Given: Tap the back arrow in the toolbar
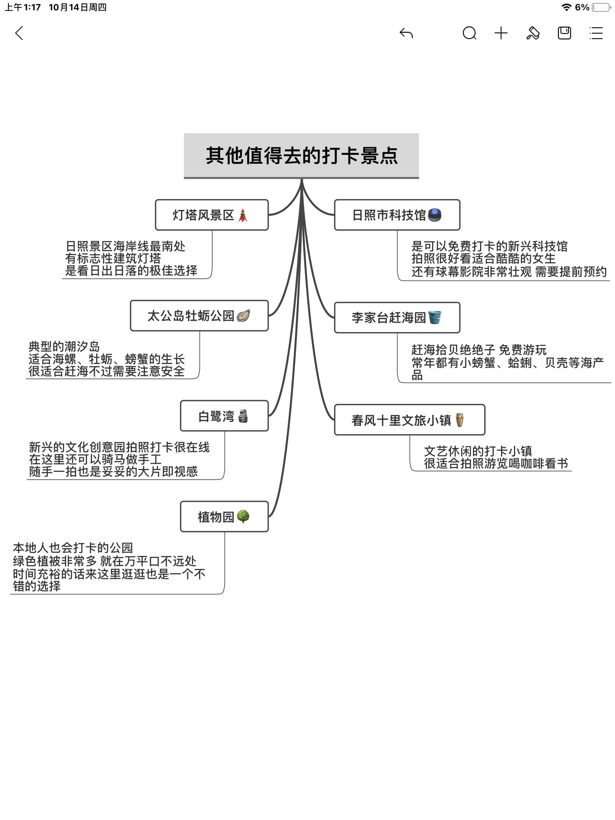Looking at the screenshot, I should click(x=19, y=33).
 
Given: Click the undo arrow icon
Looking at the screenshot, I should click(x=406, y=33).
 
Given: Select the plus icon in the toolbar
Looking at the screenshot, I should click(x=501, y=33).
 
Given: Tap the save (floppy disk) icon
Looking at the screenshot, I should click(x=564, y=33).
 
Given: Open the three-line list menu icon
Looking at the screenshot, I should click(x=596, y=33).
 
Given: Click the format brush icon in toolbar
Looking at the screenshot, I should click(x=533, y=33).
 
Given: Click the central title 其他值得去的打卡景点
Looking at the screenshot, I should click(x=301, y=155).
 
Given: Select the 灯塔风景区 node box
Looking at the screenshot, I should click(x=211, y=215).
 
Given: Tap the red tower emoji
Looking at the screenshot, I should click(x=243, y=215).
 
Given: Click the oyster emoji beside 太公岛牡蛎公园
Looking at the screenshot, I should click(x=243, y=316).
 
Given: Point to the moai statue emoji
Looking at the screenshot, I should click(x=243, y=416).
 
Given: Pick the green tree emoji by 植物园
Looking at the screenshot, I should click(x=243, y=517).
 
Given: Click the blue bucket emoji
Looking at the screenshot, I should click(x=434, y=317).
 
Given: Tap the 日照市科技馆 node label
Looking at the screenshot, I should click(x=389, y=215).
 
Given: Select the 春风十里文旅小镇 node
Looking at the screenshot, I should click(x=409, y=420).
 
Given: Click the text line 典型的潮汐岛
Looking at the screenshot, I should click(x=64, y=347).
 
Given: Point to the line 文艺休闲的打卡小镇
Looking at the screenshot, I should click(x=478, y=451).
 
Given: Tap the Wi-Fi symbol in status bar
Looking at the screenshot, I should click(x=566, y=7).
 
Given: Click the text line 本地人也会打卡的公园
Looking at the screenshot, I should click(x=73, y=548).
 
